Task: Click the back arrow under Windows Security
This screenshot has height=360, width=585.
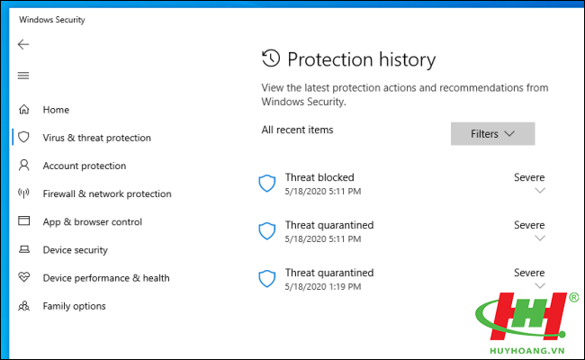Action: (x=23, y=44)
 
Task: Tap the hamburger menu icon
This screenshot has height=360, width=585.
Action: (x=23, y=76)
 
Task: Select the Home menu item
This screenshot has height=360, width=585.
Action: (x=56, y=110)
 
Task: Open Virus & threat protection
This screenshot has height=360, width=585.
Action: (x=96, y=138)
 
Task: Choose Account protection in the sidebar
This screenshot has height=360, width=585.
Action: (x=85, y=166)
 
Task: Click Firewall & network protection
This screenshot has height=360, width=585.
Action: (x=107, y=193)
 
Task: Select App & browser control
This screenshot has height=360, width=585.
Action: (x=92, y=222)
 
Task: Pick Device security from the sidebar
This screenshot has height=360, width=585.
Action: (x=75, y=250)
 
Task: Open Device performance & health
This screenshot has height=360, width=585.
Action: (x=106, y=278)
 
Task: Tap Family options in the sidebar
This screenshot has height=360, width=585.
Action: (x=74, y=306)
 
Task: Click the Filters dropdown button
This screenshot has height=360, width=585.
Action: (x=492, y=133)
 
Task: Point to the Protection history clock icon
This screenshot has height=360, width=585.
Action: (x=271, y=58)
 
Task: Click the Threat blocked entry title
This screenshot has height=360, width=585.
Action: (x=319, y=177)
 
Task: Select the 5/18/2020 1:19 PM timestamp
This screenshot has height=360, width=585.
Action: (x=323, y=286)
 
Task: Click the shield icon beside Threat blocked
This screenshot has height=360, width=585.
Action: (x=267, y=184)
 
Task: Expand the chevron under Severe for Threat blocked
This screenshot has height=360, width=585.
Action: (x=540, y=191)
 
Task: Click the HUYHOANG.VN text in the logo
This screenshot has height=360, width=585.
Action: (x=526, y=351)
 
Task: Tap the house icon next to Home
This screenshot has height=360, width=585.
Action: (x=24, y=109)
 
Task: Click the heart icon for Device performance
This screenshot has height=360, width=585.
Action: (x=24, y=277)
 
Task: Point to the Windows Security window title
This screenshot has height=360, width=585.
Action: (x=52, y=20)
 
